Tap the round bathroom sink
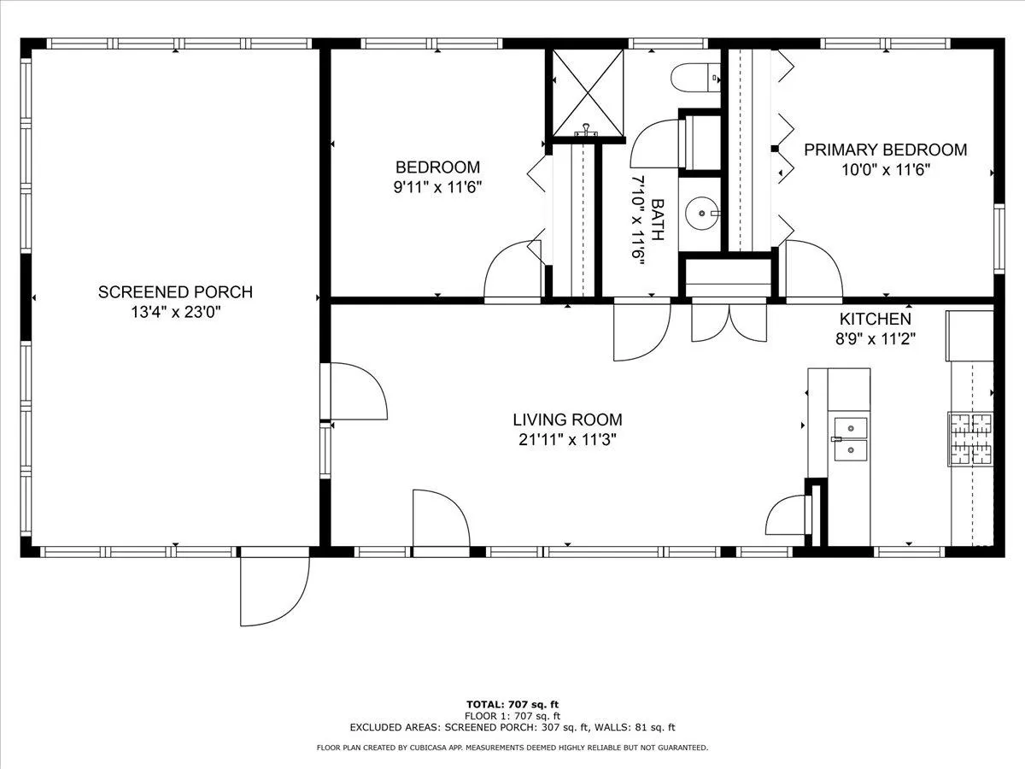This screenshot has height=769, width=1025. point(702,214)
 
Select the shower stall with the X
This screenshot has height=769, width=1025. point(588,93)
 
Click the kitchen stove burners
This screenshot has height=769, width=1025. point(971,439)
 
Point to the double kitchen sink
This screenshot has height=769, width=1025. point(851,439)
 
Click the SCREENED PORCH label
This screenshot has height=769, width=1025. point(175,292)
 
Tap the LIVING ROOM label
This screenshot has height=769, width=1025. point(567,420)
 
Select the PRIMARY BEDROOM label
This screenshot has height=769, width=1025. point(886,150)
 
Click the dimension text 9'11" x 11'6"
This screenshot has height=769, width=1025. point(437,187)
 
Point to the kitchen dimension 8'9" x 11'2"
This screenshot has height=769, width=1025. point(876,338)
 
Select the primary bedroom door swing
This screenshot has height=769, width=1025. point(814,269)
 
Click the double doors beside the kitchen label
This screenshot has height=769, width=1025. point(729,324)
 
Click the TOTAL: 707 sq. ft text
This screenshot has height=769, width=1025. point(512,705)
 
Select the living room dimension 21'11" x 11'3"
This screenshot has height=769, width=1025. point(567,439)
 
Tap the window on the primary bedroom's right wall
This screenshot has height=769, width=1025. point(999,238)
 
